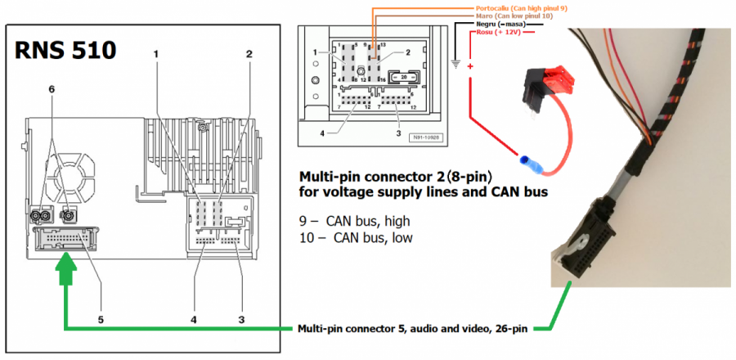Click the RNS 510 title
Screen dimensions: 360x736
65,51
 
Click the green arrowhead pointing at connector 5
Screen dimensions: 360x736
65,267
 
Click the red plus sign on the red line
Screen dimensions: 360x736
471,67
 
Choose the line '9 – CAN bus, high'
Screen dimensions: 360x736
356,221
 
